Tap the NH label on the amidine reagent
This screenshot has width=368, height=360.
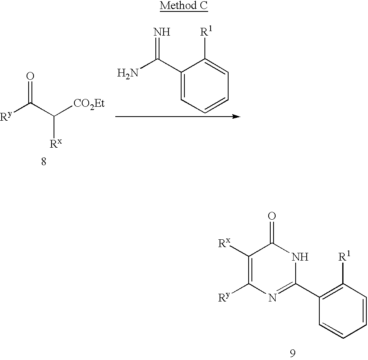pos(162,33)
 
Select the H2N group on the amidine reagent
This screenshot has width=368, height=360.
pos(127,74)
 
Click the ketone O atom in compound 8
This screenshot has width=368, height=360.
pos(30,76)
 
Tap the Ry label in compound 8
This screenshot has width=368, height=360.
pos(7,117)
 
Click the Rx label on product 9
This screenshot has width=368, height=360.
pos(224,244)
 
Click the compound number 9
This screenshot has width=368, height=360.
pos(292,353)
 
